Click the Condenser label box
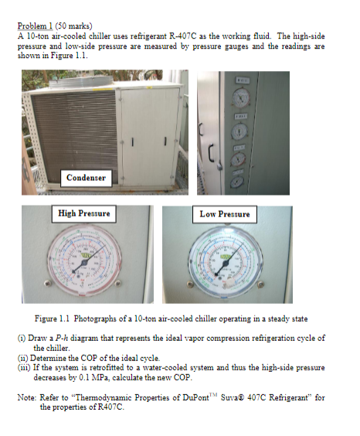click(86, 178)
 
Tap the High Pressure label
click(84, 213)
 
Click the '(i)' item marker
click(21, 339)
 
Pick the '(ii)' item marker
click(22, 358)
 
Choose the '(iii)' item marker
click(23, 367)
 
